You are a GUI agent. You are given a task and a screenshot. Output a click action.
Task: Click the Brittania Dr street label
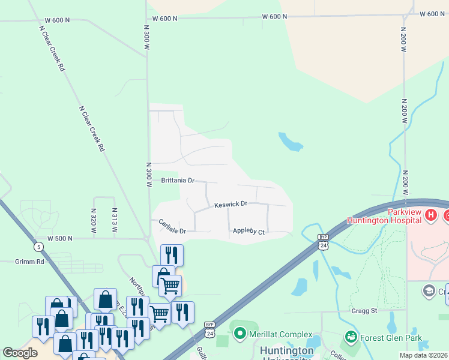point(178,180)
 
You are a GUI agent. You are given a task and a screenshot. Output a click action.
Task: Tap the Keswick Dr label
point(231,205)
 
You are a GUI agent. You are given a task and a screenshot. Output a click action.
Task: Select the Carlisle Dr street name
point(172,227)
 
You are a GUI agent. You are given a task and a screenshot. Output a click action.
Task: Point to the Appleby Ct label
point(249,231)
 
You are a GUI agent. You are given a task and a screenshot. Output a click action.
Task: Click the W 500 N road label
point(56,238)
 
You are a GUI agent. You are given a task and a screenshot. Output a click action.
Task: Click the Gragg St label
point(364,311)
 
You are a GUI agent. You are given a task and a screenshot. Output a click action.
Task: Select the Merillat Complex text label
point(282,334)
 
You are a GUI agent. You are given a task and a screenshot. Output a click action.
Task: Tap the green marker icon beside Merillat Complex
point(240,332)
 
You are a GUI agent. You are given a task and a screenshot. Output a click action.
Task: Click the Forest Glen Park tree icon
point(351,337)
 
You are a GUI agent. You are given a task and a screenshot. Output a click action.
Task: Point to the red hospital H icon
point(430,214)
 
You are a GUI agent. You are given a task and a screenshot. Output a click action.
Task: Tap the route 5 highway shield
point(39,246)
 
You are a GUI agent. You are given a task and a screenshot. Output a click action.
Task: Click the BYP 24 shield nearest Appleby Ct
point(323,242)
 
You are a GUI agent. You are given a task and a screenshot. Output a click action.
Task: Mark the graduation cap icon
point(429,292)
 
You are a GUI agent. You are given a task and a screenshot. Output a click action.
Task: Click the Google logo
point(20,352)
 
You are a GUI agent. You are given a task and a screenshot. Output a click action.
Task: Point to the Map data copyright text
point(423,355)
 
